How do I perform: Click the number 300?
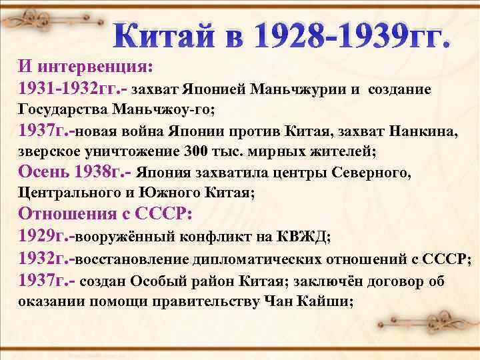(x=213, y=152)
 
